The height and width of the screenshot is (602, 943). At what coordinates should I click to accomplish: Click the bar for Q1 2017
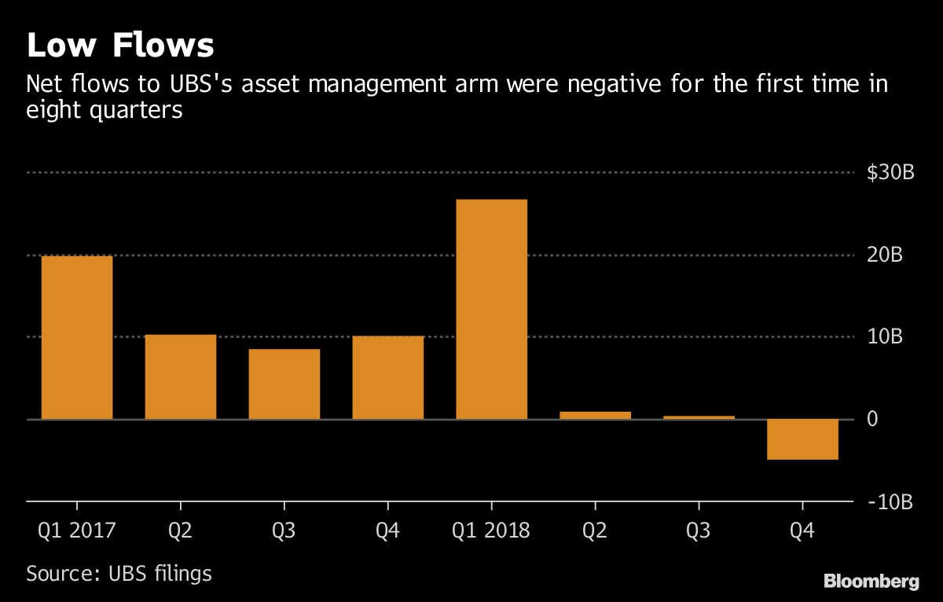click(77, 337)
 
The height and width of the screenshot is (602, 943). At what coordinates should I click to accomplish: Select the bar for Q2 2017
click(181, 376)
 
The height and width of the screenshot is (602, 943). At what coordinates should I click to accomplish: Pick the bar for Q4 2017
click(388, 377)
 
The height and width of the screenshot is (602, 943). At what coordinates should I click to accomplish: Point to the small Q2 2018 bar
click(595, 415)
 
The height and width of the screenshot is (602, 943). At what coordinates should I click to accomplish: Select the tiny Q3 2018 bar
click(699, 417)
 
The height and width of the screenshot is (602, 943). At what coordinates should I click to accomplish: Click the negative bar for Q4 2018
click(802, 439)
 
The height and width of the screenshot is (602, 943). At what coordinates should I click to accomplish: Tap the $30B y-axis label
click(890, 173)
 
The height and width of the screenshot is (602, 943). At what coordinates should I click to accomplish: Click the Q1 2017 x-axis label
click(77, 530)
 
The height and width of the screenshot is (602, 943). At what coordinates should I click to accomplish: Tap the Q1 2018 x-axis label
click(492, 530)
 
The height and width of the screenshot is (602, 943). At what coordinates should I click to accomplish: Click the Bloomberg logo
click(871, 582)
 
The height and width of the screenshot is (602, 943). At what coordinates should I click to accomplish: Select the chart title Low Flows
click(120, 46)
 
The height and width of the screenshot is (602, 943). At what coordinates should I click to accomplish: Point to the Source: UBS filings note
click(119, 573)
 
